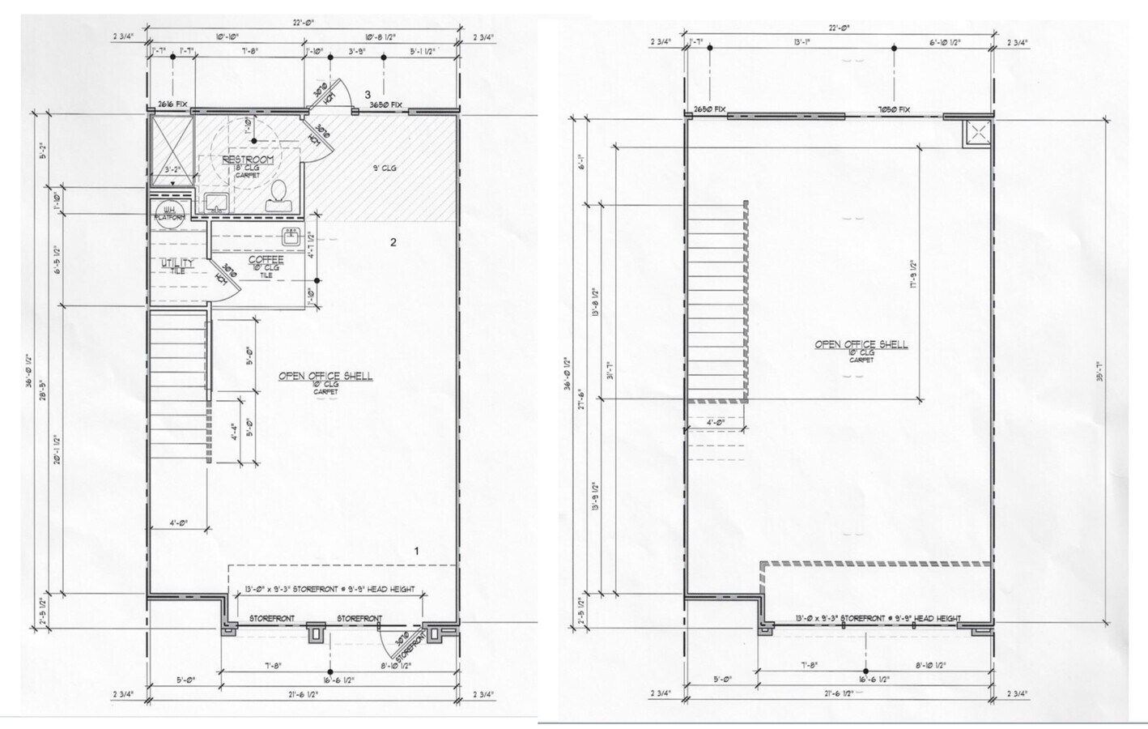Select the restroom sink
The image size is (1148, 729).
pos(215,202)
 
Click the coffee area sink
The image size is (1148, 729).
pos(291,237)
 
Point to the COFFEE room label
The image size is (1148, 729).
pos(266,260)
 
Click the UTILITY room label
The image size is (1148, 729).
pos(176,264)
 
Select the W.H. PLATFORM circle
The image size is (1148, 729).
pos(171,215)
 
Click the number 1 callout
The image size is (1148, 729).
pos(417,551)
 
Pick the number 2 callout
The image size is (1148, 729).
pos(393,242)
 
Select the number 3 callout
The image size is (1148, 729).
pos(367,95)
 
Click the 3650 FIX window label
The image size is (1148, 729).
pos(386,105)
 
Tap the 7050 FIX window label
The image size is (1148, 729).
pos(893,109)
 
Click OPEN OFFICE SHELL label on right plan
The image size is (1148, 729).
pos(861,344)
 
